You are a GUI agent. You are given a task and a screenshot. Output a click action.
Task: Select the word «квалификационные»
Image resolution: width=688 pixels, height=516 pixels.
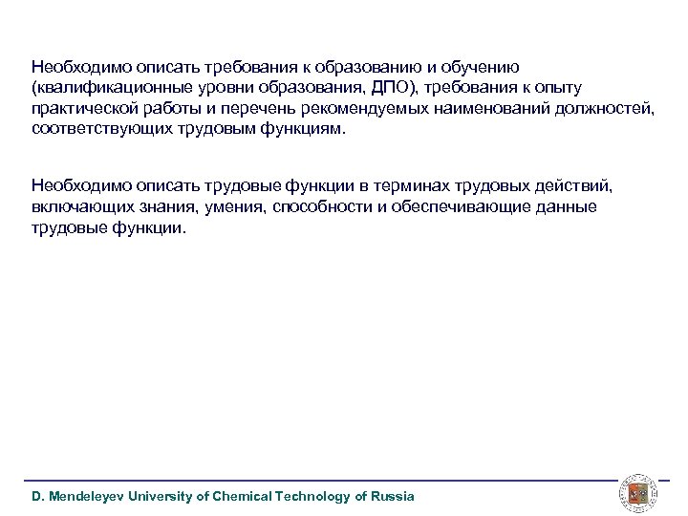(98, 88)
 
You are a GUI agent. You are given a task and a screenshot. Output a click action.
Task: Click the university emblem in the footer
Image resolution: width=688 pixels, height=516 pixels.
(636, 492)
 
